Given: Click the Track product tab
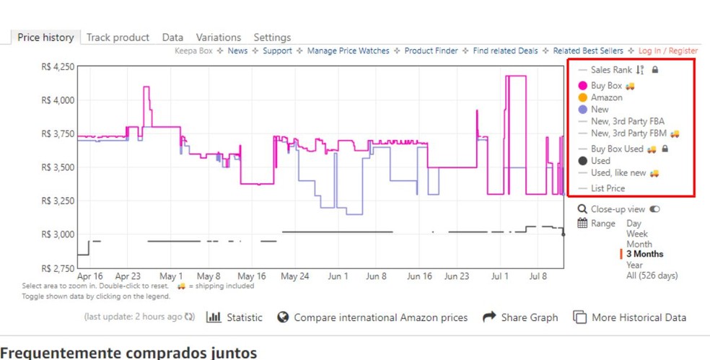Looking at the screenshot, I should (x=118, y=38).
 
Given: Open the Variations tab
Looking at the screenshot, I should (x=218, y=38).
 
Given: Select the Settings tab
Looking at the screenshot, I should (x=272, y=38).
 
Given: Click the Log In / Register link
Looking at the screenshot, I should (x=667, y=51).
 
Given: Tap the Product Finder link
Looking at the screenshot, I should (x=431, y=51).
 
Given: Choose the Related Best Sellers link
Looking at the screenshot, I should (x=589, y=51).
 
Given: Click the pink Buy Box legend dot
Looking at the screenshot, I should (x=583, y=86).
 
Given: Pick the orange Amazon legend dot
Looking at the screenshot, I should (x=583, y=97).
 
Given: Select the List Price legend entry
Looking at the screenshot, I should (x=608, y=188).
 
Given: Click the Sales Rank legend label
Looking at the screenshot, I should (x=610, y=70).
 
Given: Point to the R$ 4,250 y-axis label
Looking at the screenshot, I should (x=57, y=66).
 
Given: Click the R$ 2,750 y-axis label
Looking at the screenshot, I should (x=57, y=268).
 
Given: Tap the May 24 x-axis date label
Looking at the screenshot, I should (x=294, y=276).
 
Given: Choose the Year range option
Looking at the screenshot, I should (x=634, y=265).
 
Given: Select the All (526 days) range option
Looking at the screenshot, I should (x=652, y=275).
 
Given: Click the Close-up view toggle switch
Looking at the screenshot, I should (x=654, y=209).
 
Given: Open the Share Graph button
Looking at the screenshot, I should (x=520, y=317).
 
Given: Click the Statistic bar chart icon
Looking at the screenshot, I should (x=214, y=317).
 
